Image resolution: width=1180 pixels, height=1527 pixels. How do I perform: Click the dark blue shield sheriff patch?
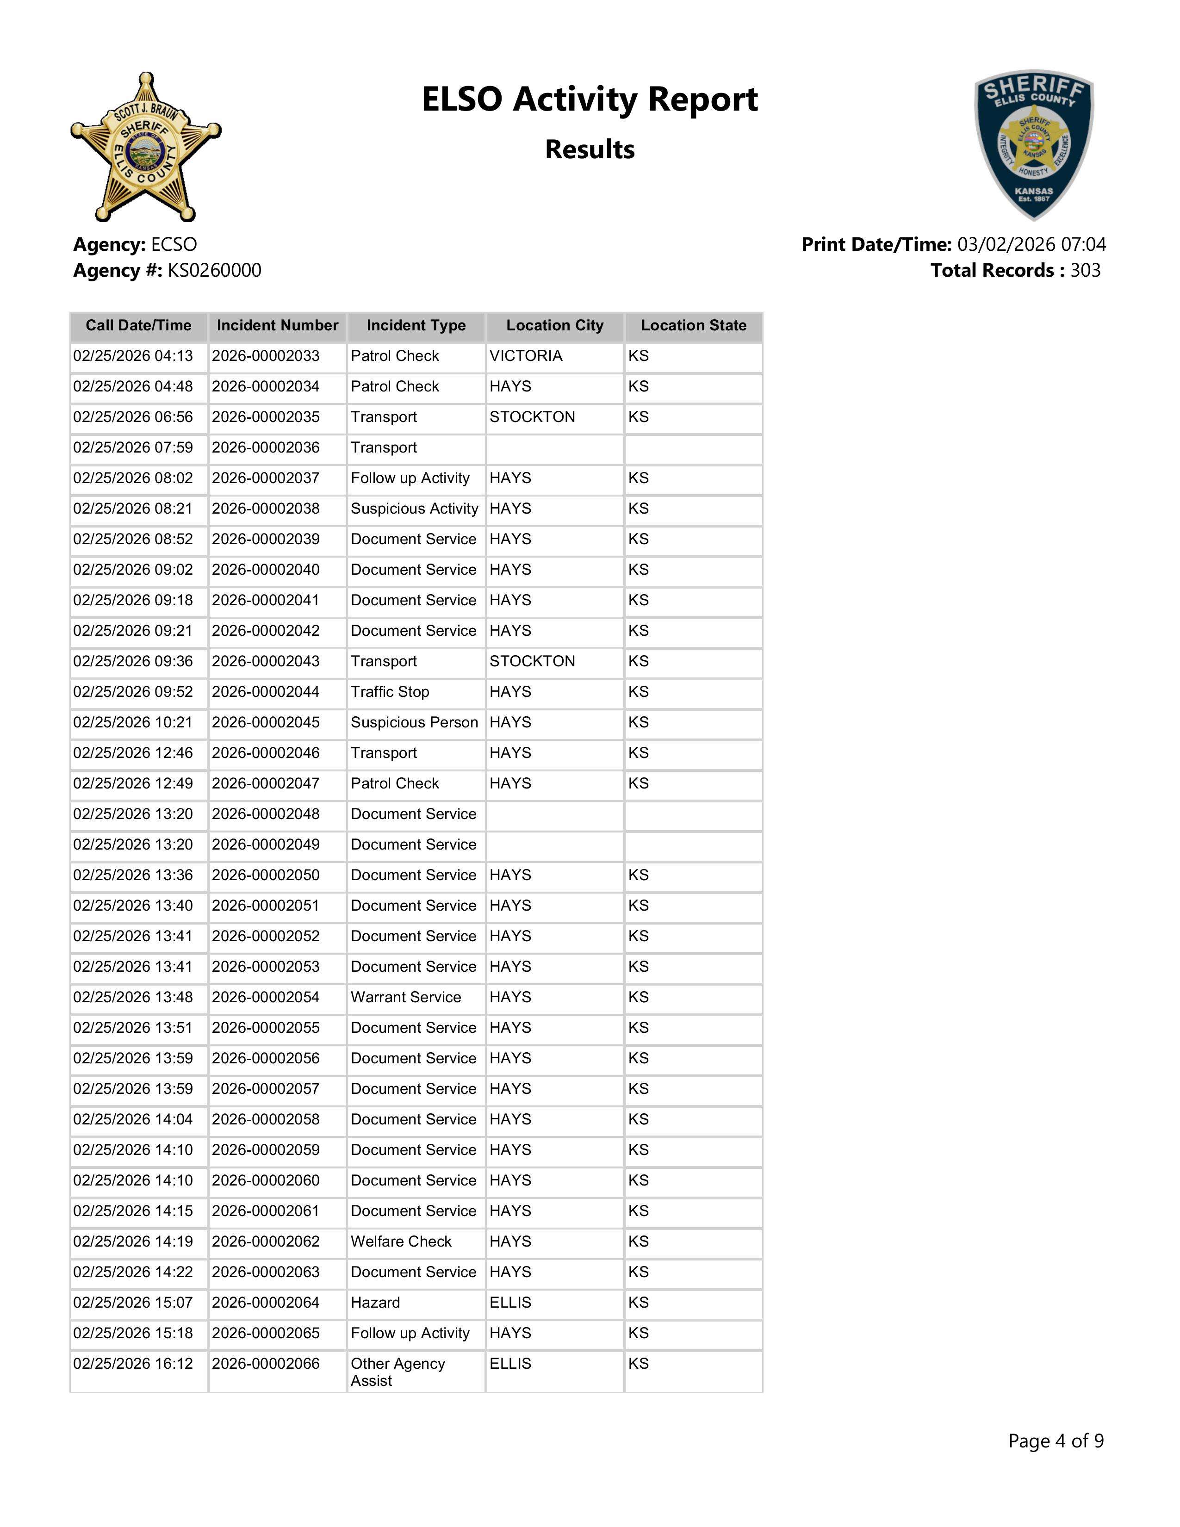tap(1034, 145)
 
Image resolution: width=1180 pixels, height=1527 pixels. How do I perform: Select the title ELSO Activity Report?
tap(589, 99)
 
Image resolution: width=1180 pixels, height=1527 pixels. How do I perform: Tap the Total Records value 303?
tap(1085, 271)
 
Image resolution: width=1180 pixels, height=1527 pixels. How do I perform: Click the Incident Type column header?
tap(416, 326)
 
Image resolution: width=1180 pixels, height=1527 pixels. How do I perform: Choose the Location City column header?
tap(554, 326)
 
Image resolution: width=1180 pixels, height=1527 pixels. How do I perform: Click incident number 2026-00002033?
tap(266, 356)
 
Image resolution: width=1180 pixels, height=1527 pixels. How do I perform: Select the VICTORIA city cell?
tap(526, 356)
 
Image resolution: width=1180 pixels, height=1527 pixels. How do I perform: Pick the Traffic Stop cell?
tap(390, 692)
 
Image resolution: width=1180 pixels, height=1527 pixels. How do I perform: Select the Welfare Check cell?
tap(401, 1242)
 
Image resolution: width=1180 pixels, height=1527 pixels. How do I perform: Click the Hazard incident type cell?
tap(375, 1303)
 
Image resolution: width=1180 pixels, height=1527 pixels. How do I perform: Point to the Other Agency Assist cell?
tap(398, 1372)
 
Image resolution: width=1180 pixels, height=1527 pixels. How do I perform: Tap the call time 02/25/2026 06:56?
tap(133, 417)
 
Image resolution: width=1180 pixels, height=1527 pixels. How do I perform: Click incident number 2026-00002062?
tap(266, 1242)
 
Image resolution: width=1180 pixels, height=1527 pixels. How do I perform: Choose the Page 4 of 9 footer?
tap(1056, 1441)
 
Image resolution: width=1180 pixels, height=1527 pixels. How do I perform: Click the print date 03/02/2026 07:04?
tap(1031, 245)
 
